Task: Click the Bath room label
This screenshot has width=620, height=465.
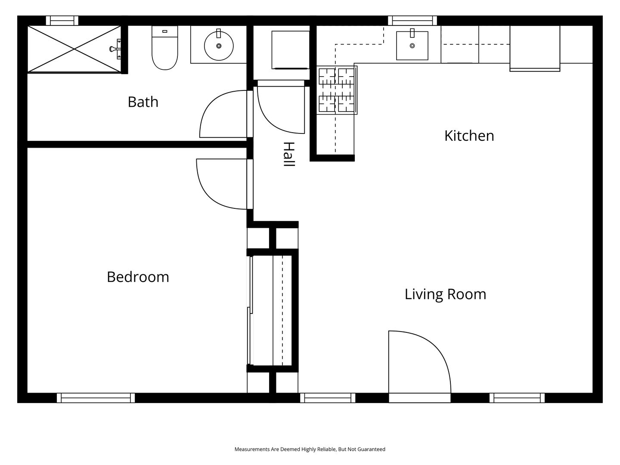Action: click(x=143, y=102)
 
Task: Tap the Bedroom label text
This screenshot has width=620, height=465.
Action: click(x=138, y=277)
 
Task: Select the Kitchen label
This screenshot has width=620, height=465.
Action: click(x=469, y=136)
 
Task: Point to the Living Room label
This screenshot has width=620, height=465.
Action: click(x=446, y=294)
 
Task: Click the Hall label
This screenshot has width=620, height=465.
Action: click(x=289, y=154)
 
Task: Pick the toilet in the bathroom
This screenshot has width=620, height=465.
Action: click(x=164, y=48)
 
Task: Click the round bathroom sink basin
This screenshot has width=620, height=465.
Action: click(x=219, y=46)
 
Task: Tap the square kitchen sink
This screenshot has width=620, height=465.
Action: click(x=412, y=46)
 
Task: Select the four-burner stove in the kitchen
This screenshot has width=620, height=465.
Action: click(x=337, y=90)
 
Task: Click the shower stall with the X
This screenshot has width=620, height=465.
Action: click(x=74, y=49)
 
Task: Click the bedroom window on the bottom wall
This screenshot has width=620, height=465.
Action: click(x=96, y=398)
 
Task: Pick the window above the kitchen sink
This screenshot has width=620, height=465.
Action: click(x=412, y=21)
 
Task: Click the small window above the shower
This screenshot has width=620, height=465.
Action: click(x=62, y=21)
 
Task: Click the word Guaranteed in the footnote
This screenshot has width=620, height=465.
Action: click(x=371, y=449)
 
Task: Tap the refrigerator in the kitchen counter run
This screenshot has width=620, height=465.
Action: click(x=535, y=48)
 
